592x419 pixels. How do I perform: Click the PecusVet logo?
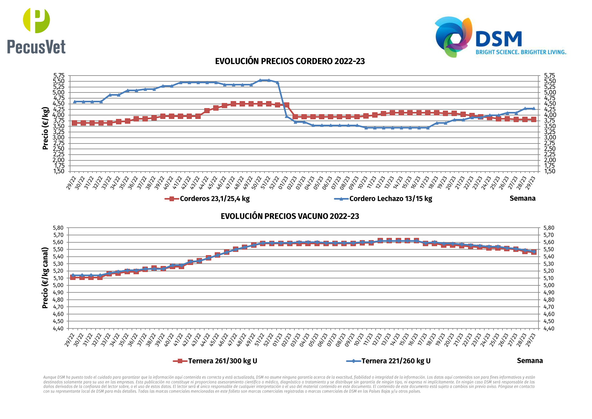(36, 31)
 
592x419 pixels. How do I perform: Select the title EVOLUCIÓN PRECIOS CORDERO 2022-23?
(290, 61)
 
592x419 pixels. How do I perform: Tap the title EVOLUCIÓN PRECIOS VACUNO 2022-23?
(290, 216)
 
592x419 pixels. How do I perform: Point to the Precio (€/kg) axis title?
(45, 128)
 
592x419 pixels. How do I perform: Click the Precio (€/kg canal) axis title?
(45, 278)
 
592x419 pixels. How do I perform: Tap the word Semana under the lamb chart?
(523, 198)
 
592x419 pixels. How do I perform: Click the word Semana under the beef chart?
(530, 361)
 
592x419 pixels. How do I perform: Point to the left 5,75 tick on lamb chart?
(59, 76)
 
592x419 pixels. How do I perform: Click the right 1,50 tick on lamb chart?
(550, 171)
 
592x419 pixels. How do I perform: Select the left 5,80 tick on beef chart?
(58, 228)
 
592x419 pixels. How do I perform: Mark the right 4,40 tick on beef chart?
(549, 328)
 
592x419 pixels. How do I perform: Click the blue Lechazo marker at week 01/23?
(286, 116)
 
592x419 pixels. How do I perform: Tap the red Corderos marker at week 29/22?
(75, 123)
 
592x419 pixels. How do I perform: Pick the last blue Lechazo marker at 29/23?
(534, 108)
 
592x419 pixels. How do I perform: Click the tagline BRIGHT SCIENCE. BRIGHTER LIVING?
(521, 52)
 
